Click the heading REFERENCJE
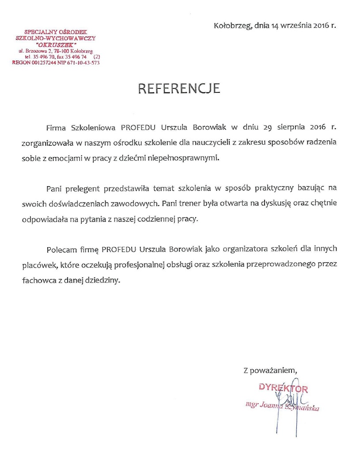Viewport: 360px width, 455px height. pos(179,88)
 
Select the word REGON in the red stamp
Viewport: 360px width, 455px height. pos(21,63)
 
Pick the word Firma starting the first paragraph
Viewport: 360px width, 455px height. pos(57,128)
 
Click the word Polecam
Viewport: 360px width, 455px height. pos(61,249)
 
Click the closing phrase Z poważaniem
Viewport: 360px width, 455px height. pos(268,370)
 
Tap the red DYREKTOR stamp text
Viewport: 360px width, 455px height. pos(283,389)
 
